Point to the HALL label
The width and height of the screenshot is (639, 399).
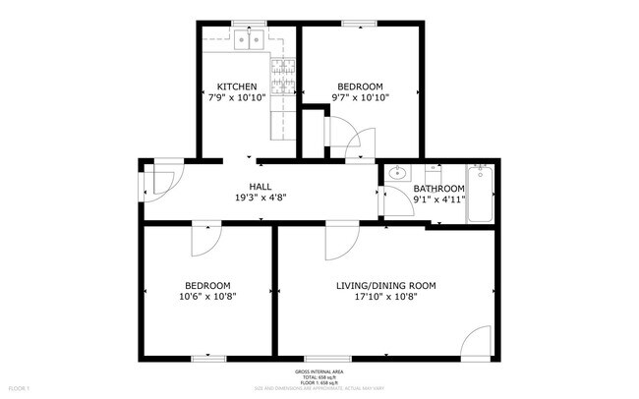[x=261, y=187]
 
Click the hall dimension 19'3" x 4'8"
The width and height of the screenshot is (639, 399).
[x=261, y=198]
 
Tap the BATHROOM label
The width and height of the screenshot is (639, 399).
[x=437, y=189]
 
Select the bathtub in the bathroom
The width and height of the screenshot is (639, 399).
[x=481, y=195]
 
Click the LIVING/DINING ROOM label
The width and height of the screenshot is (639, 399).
[x=385, y=286]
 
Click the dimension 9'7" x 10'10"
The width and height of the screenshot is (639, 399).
[x=360, y=97]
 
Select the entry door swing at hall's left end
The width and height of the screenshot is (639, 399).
[x=159, y=180]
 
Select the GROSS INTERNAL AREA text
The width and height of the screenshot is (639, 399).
[x=319, y=371]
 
